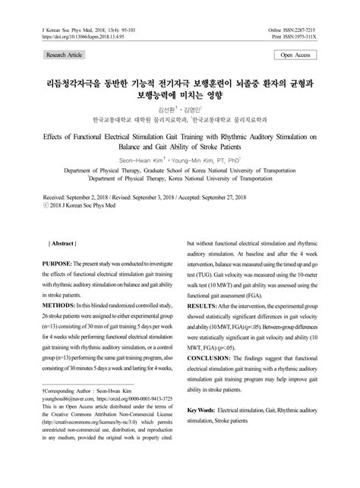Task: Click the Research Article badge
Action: click(x=65, y=55)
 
